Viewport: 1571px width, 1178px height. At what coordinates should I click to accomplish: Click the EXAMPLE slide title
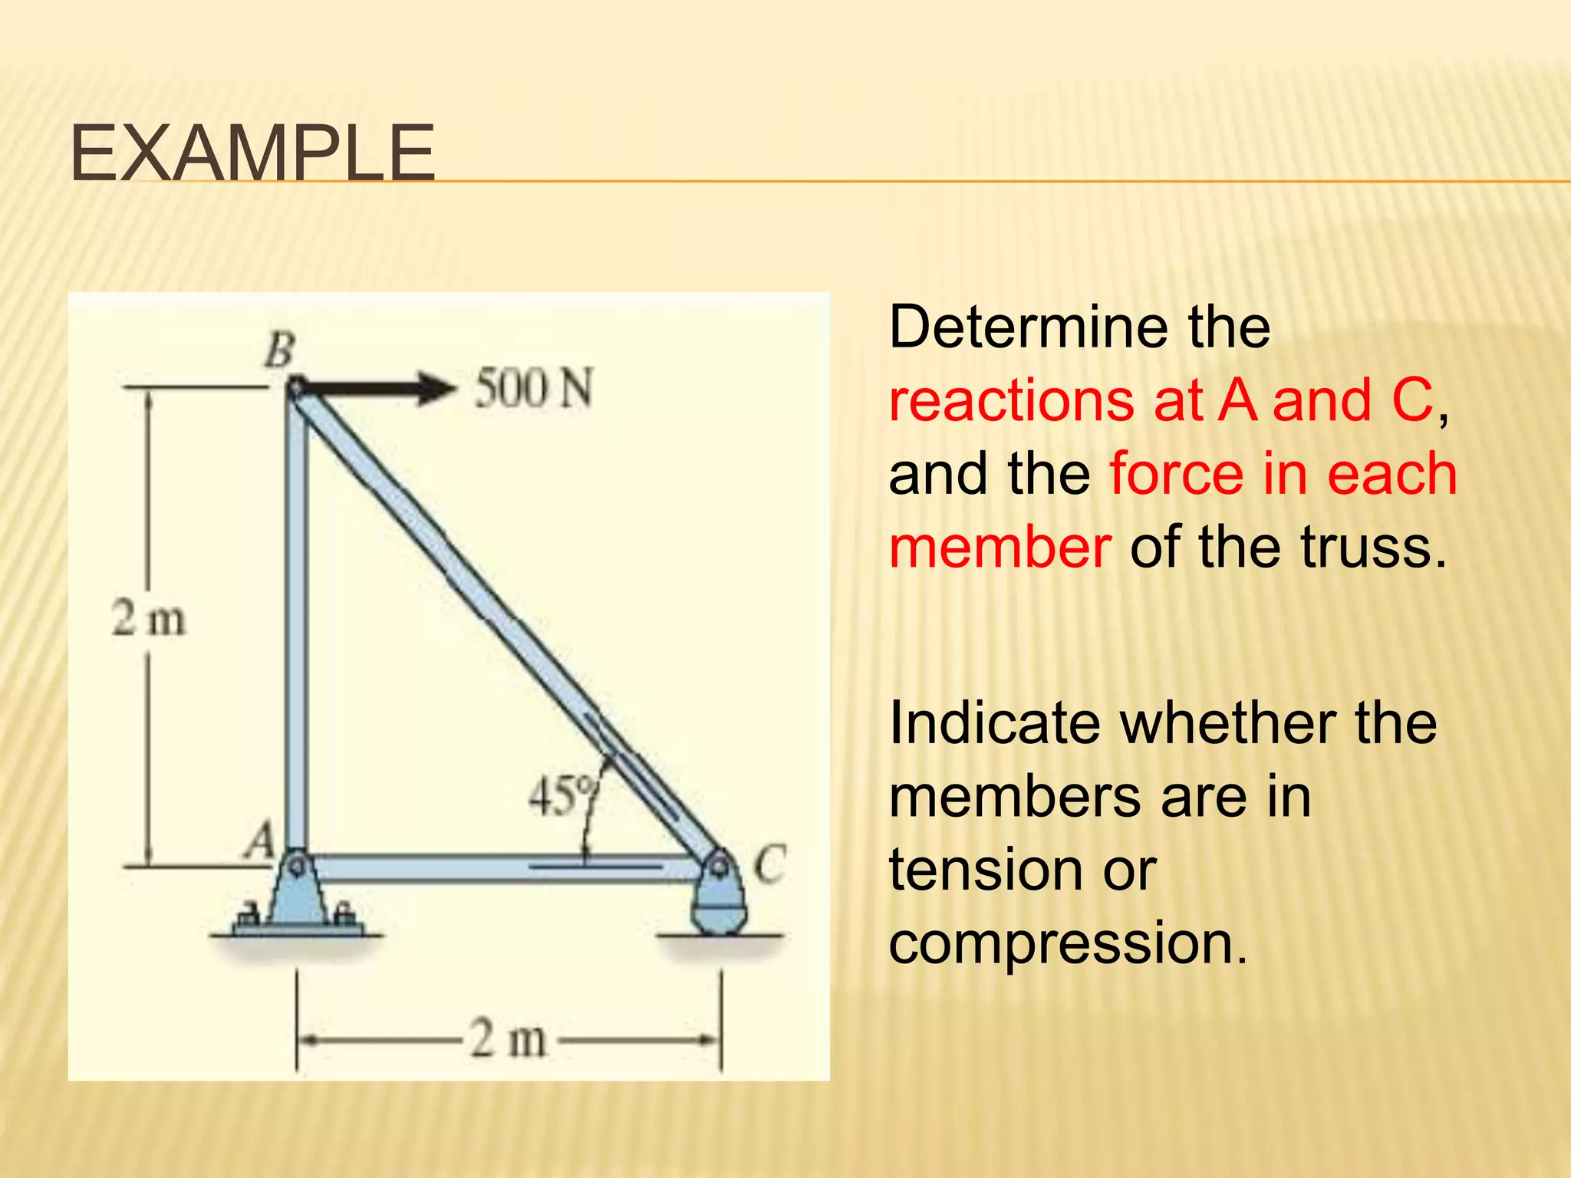click(x=252, y=155)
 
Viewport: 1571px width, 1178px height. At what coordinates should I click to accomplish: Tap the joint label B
click(x=279, y=351)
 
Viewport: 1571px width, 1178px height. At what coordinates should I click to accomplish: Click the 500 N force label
click(x=534, y=388)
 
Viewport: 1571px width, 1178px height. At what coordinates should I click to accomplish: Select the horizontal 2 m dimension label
click(x=508, y=1039)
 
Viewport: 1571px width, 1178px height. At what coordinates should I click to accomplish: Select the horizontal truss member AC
click(x=499, y=868)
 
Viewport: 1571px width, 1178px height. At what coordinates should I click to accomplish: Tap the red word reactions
click(x=1011, y=400)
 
